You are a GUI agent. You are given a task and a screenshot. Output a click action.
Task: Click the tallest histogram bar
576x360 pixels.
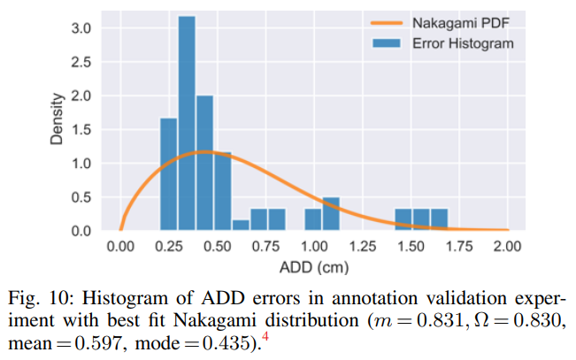click(186, 124)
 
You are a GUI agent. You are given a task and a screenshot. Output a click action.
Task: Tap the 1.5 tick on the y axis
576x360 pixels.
click(80, 129)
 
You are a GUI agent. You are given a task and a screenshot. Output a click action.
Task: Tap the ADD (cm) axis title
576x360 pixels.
click(314, 265)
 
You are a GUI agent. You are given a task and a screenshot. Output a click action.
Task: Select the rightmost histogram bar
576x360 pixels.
click(439, 219)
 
